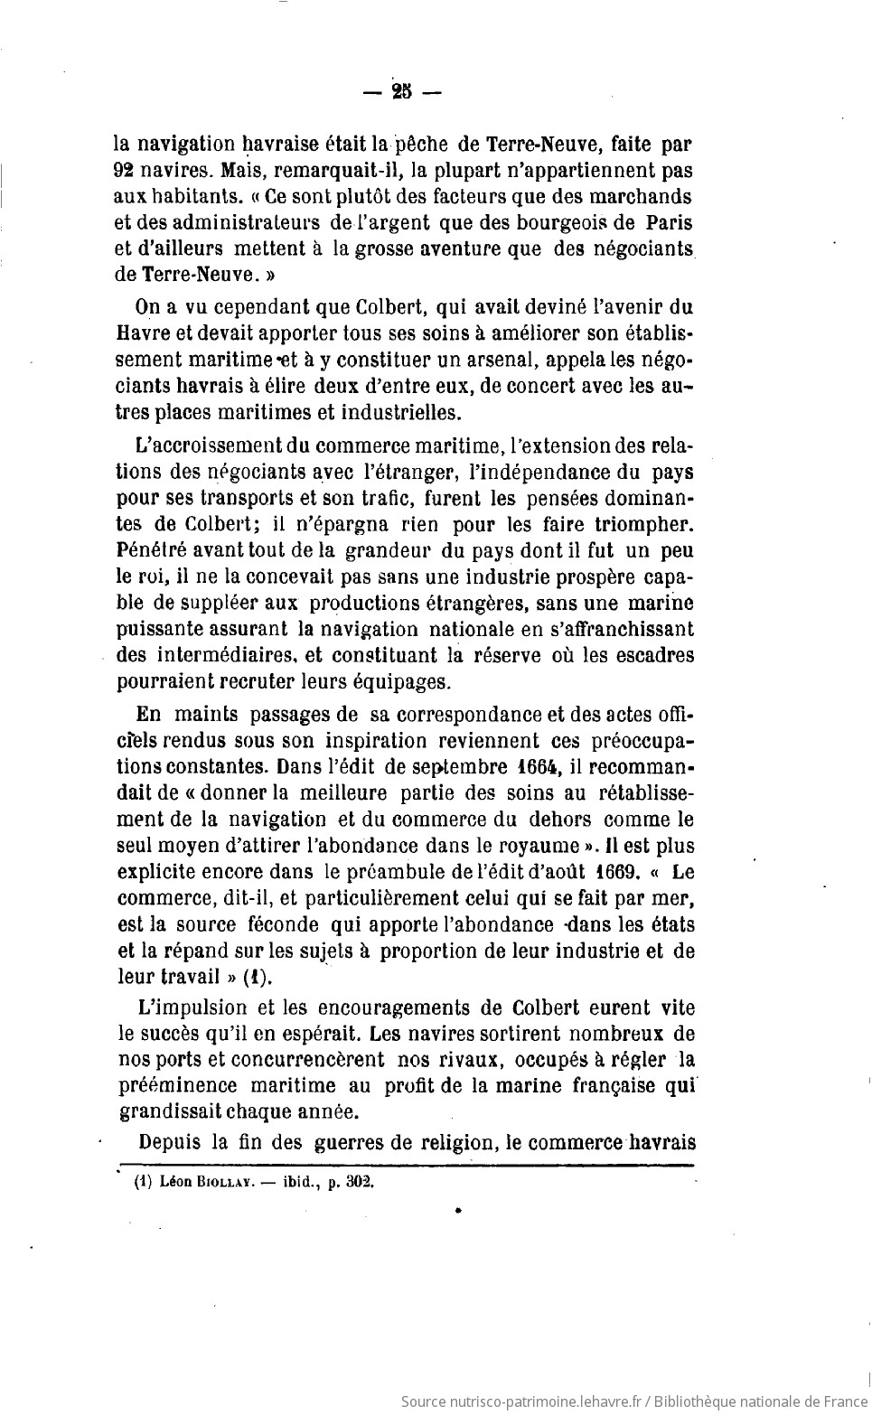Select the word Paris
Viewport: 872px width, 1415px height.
pyautogui.click(x=670, y=221)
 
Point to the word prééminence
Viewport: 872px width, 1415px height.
pyautogui.click(x=178, y=1085)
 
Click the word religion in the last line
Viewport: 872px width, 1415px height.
pyautogui.click(x=447, y=1140)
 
